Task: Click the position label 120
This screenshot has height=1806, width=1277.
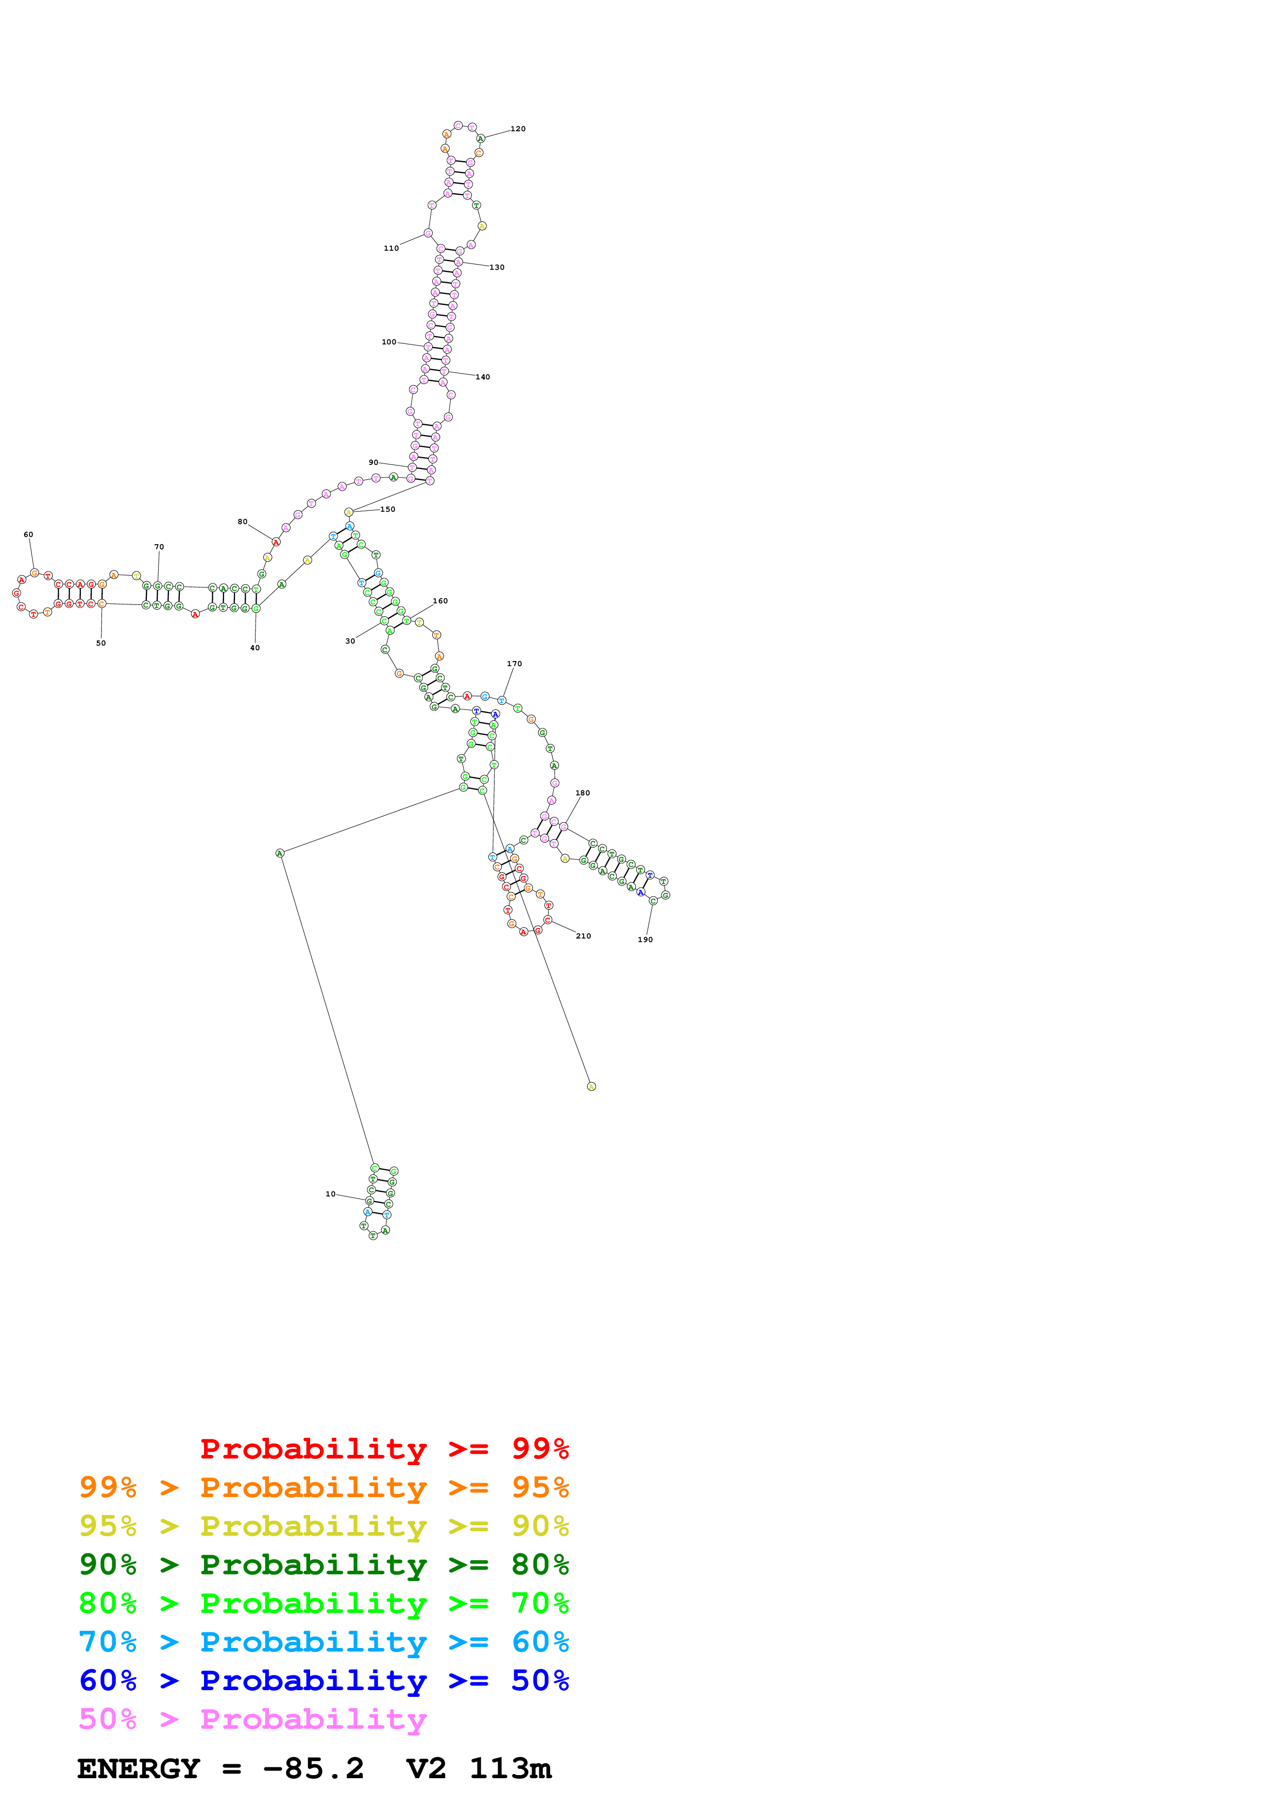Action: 518,129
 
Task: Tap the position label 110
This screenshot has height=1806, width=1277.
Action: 391,249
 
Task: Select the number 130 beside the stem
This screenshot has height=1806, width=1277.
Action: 497,267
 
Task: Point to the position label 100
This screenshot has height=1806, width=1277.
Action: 389,342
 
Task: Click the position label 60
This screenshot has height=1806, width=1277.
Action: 28,535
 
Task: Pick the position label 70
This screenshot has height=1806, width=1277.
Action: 159,547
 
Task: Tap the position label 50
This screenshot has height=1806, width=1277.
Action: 101,644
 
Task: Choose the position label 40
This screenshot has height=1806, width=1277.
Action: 255,648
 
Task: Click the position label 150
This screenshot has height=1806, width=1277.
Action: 388,510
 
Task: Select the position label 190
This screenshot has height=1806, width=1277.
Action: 645,940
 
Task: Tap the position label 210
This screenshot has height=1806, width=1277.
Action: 583,936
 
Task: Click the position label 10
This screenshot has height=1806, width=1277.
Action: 331,1194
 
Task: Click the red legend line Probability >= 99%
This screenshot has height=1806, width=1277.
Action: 385,1449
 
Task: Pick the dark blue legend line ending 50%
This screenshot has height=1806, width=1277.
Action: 324,1680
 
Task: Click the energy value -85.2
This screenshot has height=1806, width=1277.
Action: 313,1769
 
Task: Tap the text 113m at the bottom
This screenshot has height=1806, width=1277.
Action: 510,1769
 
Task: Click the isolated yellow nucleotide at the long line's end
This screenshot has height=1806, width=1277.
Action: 592,1086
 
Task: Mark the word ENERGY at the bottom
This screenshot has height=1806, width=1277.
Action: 139,1769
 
